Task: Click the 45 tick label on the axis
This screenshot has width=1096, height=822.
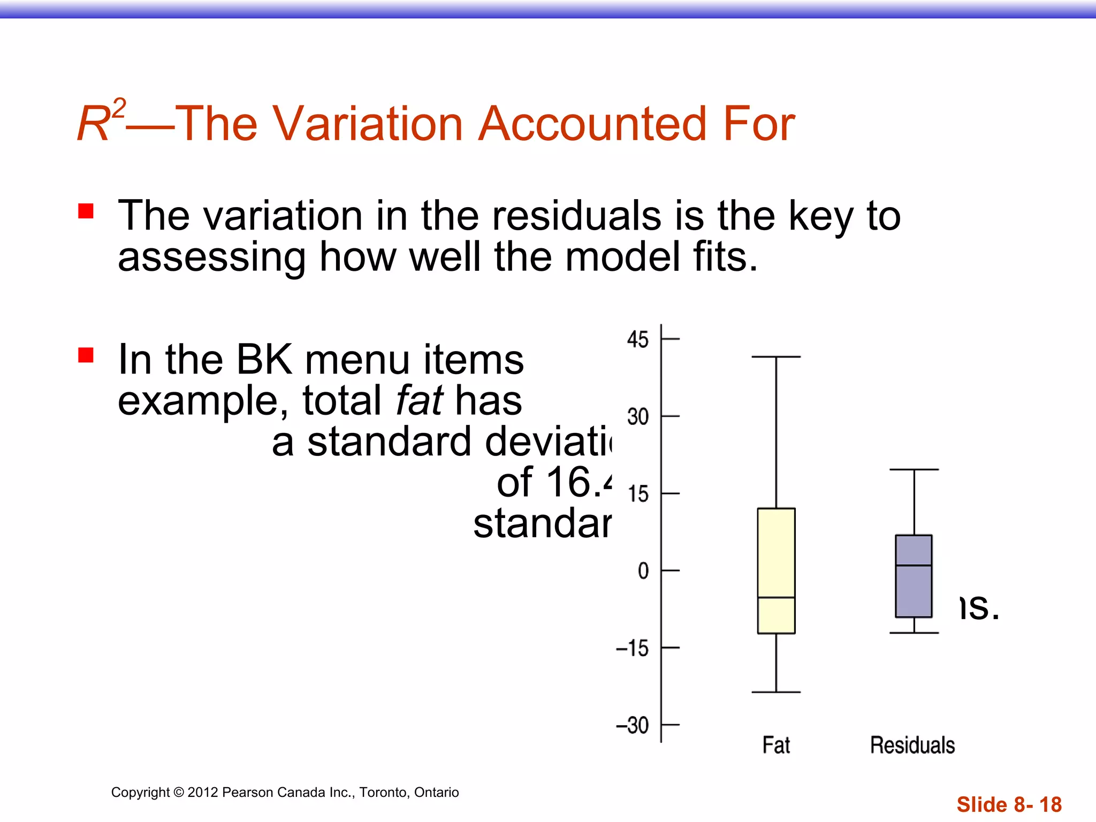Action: click(x=637, y=340)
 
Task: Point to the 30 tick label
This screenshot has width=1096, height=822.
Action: click(x=637, y=417)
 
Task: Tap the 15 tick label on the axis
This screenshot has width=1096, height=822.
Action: click(x=638, y=494)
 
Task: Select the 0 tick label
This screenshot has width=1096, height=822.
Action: click(x=643, y=571)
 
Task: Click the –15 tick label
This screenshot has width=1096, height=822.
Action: click(x=632, y=649)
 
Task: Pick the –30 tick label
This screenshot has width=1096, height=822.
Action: click(x=632, y=726)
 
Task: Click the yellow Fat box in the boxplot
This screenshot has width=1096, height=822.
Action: click(x=776, y=551)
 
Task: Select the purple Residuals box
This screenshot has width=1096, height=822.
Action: click(x=914, y=589)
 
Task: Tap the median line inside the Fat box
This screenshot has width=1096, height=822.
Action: click(x=776, y=597)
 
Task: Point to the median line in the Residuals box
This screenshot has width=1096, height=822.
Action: click(x=914, y=565)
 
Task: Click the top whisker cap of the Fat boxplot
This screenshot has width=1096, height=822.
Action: click(x=776, y=356)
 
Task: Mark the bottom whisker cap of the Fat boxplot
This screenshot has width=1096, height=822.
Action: click(x=776, y=692)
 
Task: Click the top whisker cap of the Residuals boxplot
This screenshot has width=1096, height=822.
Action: click(x=914, y=469)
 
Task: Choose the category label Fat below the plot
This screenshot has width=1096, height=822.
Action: click(x=776, y=745)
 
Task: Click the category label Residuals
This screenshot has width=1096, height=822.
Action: click(x=912, y=745)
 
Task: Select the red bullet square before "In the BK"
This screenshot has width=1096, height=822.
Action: click(x=86, y=355)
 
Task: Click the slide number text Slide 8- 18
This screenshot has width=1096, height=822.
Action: click(x=1009, y=804)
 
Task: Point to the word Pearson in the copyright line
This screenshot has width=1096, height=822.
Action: click(x=243, y=792)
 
